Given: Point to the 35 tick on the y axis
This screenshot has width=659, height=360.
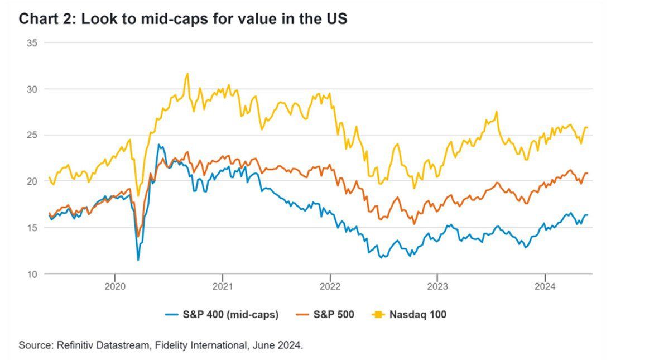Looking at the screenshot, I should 31,43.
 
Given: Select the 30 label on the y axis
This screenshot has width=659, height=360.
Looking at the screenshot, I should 31,89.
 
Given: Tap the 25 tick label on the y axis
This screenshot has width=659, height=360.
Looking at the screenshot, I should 31,135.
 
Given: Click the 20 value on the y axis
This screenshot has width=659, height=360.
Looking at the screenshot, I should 31,181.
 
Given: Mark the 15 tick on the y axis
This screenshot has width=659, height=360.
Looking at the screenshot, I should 31,228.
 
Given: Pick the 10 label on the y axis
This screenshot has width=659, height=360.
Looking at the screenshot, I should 31,274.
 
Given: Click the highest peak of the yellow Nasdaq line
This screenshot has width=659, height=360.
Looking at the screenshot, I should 187,74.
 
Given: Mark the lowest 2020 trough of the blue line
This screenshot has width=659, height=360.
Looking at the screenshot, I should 138,260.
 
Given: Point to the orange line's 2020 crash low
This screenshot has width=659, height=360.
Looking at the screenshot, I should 138,236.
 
